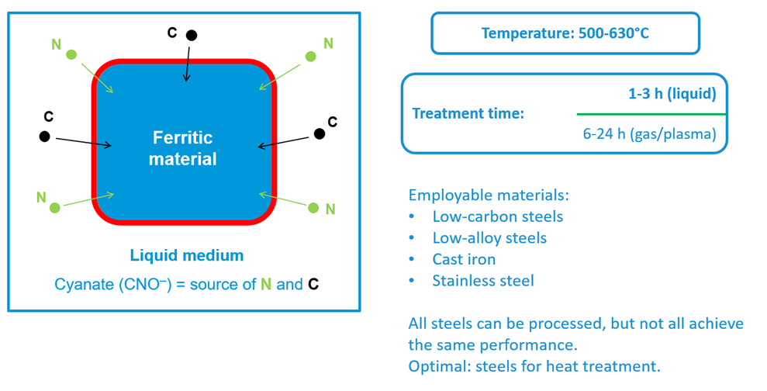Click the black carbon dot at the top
click(x=191, y=35)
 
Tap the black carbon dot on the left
click(x=45, y=137)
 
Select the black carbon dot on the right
click(x=319, y=134)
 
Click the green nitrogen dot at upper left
click(x=71, y=54)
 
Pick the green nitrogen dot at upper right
click(x=310, y=56)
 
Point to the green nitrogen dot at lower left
click(x=54, y=207)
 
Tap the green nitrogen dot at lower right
click(x=313, y=207)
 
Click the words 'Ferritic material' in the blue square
click(x=182, y=148)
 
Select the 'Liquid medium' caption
click(x=186, y=255)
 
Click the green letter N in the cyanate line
click(x=266, y=284)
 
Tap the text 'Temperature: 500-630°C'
click(x=565, y=33)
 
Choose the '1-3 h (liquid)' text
click(x=672, y=95)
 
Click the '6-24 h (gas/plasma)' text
click(x=649, y=133)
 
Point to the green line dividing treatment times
click(x=651, y=114)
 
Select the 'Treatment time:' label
click(x=468, y=113)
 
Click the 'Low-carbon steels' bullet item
click(x=497, y=216)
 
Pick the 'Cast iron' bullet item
click(x=464, y=259)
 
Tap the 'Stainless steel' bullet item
click(x=482, y=280)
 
